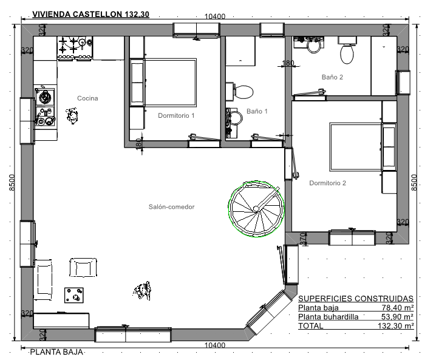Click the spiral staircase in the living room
pyautogui.click(x=256, y=209)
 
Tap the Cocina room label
pyautogui.click(x=87, y=98)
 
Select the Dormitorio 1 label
pyautogui.click(x=176, y=115)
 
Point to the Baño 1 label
pyautogui.click(x=257, y=111)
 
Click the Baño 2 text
pyautogui.click(x=332, y=77)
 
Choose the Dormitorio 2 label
pyautogui.click(x=327, y=183)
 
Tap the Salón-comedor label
pyautogui.click(x=172, y=207)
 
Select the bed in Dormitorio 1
pyautogui.click(x=170, y=83)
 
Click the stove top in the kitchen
pyautogui.click(x=75, y=48)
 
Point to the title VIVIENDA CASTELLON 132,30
pyautogui.click(x=90, y=14)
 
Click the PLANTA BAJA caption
pyautogui.click(x=56, y=352)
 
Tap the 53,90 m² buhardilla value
pyautogui.click(x=397, y=316)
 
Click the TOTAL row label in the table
pyautogui.click(x=310, y=325)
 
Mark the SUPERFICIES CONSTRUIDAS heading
pyautogui.click(x=356, y=298)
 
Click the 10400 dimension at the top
pyautogui.click(x=215, y=16)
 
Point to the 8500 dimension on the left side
pyautogui.click(x=12, y=182)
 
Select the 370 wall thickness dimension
pyautogui.click(x=304, y=239)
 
